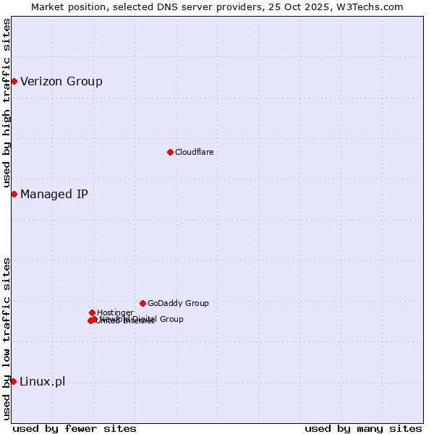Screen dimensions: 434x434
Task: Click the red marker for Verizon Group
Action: (14, 81)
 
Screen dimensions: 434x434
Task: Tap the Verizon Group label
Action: (61, 81)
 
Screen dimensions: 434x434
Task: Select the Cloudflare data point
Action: (170, 152)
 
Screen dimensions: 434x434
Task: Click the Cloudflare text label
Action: (194, 152)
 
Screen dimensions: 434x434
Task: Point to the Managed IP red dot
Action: (14, 194)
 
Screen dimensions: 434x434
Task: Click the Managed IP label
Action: (54, 194)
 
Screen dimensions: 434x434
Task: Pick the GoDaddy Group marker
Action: (142, 303)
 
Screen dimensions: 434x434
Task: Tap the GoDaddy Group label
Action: (178, 303)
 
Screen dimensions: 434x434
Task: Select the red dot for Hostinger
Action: (92, 312)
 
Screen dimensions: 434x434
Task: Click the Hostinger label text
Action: (115, 312)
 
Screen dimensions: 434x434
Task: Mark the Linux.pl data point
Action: (13, 381)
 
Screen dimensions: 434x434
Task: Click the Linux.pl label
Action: (42, 382)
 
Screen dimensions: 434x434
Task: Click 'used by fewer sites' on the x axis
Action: (75, 428)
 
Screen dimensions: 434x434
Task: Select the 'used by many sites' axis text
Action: (363, 428)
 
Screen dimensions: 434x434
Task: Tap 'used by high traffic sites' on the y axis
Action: (7, 103)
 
